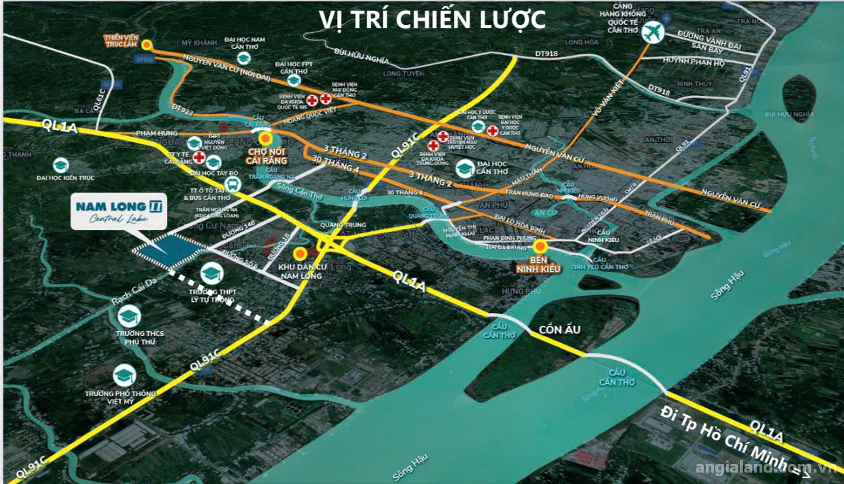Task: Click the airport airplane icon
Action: click(x=651, y=32)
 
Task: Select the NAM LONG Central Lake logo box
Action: click(x=119, y=214)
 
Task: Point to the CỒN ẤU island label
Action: click(x=559, y=330)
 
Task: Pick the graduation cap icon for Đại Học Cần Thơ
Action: click(x=465, y=168)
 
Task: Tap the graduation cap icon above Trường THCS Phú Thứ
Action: click(x=129, y=316)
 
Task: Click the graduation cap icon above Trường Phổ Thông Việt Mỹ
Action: click(x=125, y=375)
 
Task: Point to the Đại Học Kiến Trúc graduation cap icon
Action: click(x=60, y=164)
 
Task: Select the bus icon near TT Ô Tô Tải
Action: click(x=232, y=184)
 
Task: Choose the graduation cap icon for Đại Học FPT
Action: click(x=293, y=80)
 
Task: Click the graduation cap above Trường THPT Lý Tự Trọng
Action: click(x=211, y=273)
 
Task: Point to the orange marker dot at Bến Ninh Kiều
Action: click(x=540, y=247)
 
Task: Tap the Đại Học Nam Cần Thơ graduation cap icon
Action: click(x=244, y=58)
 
